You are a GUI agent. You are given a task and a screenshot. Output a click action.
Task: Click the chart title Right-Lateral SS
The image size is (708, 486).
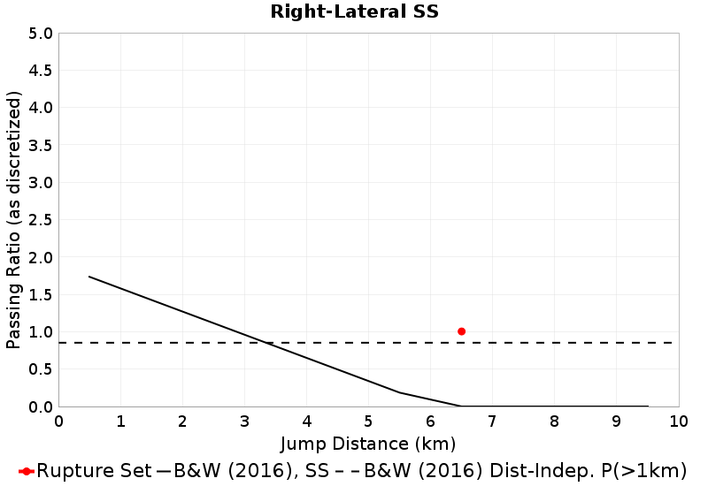click(x=354, y=12)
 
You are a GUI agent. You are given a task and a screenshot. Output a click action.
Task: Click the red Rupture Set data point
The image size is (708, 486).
click(x=461, y=331)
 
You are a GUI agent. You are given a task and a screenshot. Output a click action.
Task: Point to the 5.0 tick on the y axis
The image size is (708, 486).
click(x=42, y=34)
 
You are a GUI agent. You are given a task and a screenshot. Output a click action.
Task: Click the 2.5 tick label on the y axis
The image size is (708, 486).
click(x=42, y=220)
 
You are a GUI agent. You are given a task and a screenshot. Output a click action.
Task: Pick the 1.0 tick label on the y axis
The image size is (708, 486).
click(x=42, y=332)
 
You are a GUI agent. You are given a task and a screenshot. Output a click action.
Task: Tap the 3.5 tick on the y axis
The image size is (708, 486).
click(x=42, y=146)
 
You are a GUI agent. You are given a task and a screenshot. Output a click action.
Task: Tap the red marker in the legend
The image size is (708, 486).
click(x=27, y=470)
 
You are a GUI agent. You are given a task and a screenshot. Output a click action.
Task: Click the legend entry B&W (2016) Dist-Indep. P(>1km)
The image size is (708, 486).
click(x=522, y=470)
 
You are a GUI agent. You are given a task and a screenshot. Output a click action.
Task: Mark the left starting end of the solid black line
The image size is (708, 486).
click(x=89, y=277)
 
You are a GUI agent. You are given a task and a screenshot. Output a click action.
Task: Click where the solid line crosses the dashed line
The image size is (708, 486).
click(x=268, y=343)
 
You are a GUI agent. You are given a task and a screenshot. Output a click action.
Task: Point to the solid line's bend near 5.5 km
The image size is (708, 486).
click(x=399, y=392)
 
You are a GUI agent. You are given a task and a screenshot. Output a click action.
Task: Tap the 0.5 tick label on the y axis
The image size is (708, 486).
click(x=42, y=369)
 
